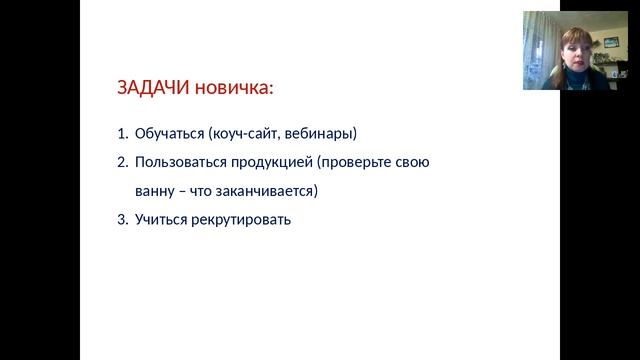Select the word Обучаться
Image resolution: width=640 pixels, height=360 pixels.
(x=168, y=132)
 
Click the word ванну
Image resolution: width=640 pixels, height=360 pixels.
(x=155, y=190)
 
